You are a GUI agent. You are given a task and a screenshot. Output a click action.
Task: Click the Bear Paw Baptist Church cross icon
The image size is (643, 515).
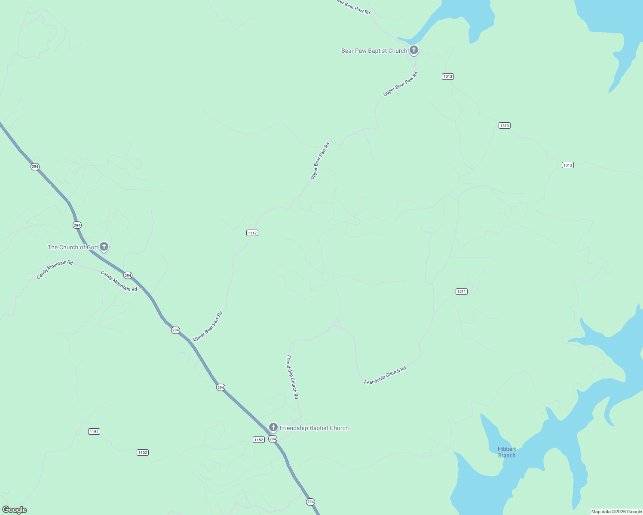coord(413,50)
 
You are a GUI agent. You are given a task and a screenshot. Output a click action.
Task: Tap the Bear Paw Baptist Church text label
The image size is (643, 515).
coord(374,51)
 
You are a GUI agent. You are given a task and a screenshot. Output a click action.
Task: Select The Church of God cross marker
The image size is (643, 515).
coord(104,247)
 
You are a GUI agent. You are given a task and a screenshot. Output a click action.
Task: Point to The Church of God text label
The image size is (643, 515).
coord(73,247)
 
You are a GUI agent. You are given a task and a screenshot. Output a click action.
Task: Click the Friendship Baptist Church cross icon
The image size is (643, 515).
coord(273,427)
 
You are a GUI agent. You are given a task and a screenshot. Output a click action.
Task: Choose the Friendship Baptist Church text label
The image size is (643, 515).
coord(314,428)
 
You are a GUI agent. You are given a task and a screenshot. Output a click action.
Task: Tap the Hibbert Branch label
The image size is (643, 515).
coord(507,452)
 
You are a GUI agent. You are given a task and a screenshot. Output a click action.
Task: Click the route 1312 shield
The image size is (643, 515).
coord(252,233)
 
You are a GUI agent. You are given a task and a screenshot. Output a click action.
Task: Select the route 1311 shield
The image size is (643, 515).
coord(461,291)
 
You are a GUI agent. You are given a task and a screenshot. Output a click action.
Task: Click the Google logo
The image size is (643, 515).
coord(14,510)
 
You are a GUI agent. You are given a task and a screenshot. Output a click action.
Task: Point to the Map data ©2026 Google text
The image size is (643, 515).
coord(616,512)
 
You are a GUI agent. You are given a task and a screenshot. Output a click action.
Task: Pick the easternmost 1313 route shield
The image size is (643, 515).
coord(567,165)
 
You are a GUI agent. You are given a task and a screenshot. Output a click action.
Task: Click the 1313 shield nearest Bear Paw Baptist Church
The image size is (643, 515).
coord(447,76)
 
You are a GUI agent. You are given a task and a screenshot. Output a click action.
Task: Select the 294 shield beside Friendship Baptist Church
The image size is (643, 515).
coord(273,439)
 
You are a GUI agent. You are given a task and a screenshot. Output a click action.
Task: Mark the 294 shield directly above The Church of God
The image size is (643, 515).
coord(77,225)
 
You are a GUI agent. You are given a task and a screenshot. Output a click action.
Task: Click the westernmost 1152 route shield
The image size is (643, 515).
coord(94,431)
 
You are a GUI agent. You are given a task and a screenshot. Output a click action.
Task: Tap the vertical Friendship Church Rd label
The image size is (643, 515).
coord(292,377)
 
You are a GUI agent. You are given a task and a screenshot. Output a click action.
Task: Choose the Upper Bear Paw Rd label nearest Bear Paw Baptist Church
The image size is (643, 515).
coord(400,84)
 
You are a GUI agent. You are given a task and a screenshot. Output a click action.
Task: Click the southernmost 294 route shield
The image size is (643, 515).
coord(310,502)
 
